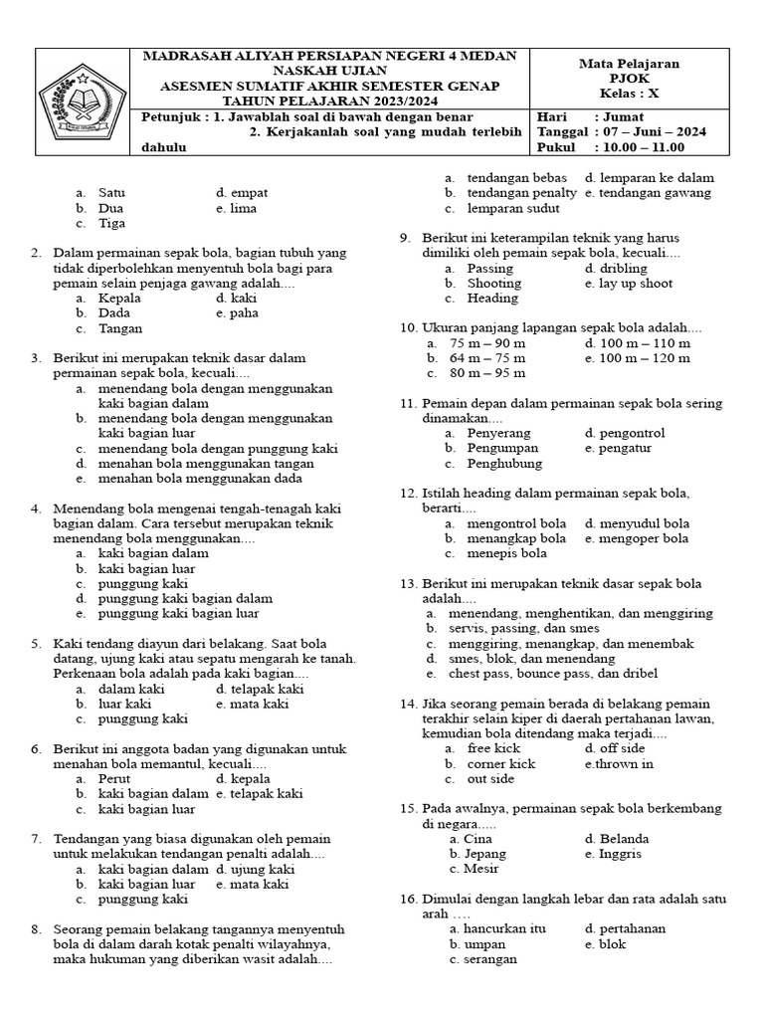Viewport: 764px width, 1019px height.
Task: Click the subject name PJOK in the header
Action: click(x=629, y=79)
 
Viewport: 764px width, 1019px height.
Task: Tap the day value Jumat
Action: click(x=625, y=115)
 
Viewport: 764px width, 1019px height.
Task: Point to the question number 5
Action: click(x=36, y=644)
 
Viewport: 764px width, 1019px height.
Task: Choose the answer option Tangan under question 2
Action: click(x=120, y=328)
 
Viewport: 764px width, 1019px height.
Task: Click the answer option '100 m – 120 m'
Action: click(x=644, y=358)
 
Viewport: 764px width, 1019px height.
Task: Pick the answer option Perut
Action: click(x=114, y=778)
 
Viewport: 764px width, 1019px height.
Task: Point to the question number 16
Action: click(x=408, y=899)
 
